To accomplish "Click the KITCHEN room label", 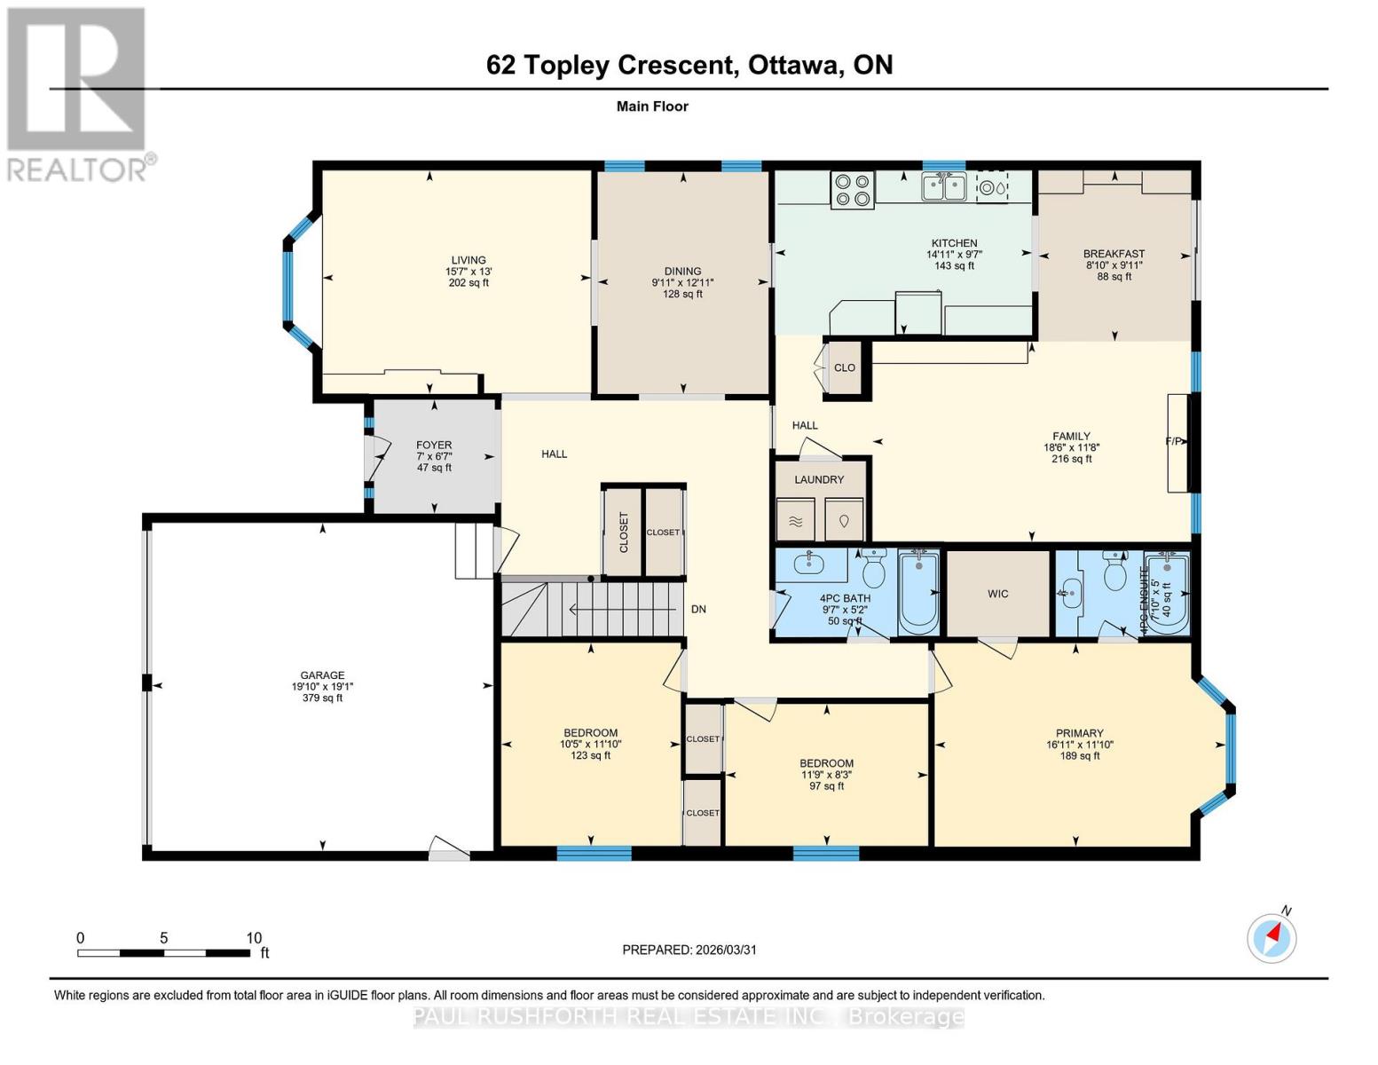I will click(954, 243).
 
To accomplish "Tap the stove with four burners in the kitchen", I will click(852, 190).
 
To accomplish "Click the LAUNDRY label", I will click(819, 479).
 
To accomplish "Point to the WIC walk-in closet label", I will click(997, 594).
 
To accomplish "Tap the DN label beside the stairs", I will click(699, 609).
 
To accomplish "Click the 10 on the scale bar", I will click(254, 938).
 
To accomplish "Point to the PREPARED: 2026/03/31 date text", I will click(689, 950).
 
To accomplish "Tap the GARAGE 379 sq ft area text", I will click(322, 698).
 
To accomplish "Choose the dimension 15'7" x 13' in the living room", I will click(469, 272).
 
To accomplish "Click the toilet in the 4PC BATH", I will click(873, 570).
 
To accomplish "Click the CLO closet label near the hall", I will click(845, 367).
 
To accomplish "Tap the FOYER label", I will click(434, 445).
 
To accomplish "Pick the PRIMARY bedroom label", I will click(1079, 733).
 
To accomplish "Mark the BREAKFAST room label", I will click(1114, 254).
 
